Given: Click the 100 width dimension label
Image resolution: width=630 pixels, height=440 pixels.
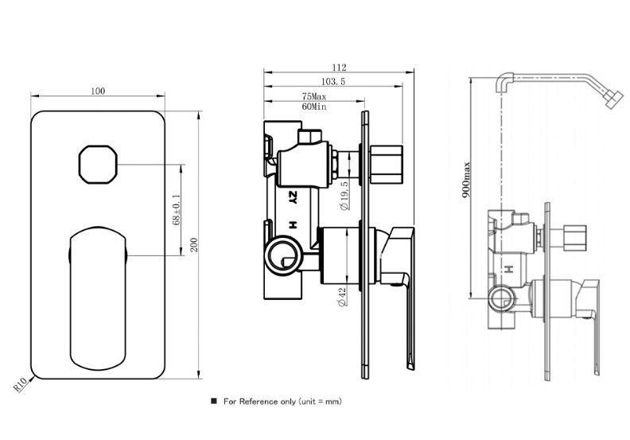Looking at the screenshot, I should click(98, 91).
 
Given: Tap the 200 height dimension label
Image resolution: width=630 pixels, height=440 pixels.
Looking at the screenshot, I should click(193, 244).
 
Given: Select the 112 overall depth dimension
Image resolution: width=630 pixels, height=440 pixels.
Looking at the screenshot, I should click(340, 68).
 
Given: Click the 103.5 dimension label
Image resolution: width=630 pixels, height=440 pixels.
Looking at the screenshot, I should click(334, 82).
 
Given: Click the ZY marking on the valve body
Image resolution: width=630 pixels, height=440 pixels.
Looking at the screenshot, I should click(293, 197).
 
